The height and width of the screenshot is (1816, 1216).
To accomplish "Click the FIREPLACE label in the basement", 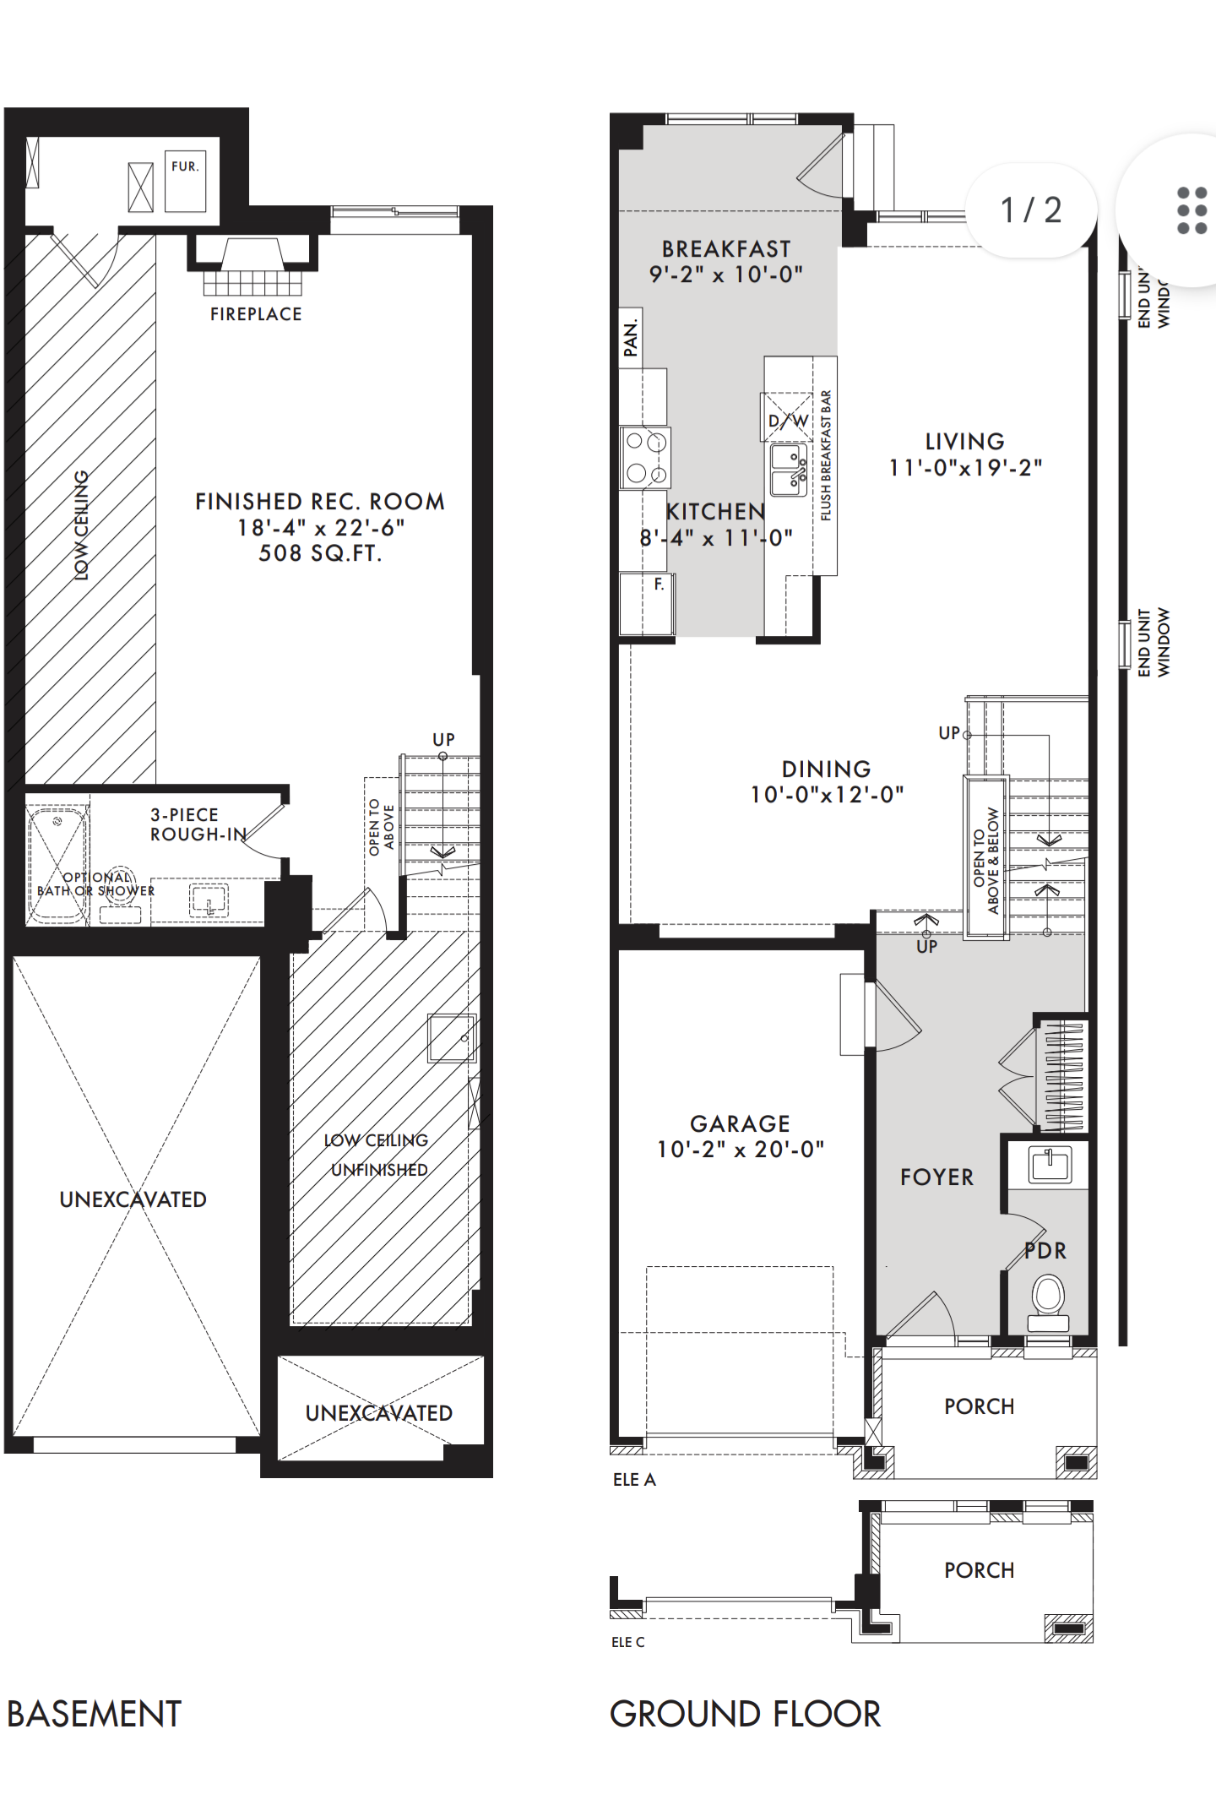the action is pyautogui.click(x=256, y=314).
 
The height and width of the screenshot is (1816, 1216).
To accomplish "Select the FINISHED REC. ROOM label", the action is pyautogui.click(x=320, y=502).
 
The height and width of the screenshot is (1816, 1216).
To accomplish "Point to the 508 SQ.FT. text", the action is pyautogui.click(x=320, y=553).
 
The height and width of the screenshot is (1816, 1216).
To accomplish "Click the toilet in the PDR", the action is pyautogui.click(x=1048, y=1303).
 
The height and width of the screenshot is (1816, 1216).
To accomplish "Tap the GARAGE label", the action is pyautogui.click(x=740, y=1123).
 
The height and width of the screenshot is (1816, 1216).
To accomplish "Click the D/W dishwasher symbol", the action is pyautogui.click(x=788, y=418).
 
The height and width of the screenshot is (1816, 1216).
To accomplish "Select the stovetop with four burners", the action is pyautogui.click(x=645, y=458).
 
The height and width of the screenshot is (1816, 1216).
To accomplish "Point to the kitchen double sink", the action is pyautogui.click(x=790, y=470).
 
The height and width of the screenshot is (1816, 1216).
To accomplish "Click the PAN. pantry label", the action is pyautogui.click(x=630, y=337).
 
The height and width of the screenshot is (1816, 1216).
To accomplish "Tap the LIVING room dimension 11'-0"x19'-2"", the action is pyautogui.click(x=965, y=468).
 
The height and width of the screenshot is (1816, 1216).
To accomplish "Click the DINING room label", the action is pyautogui.click(x=826, y=769).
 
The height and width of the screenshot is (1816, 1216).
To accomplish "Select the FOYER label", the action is pyautogui.click(x=936, y=1177).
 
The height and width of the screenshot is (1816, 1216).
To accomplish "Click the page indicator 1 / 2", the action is pyautogui.click(x=1030, y=209).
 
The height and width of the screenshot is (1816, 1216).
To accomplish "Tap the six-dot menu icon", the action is pyautogui.click(x=1192, y=210).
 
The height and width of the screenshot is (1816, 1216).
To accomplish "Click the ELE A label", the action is pyautogui.click(x=634, y=1479).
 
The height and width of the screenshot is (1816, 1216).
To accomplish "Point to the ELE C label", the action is pyautogui.click(x=627, y=1642).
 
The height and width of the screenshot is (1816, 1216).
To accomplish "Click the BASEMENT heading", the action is pyautogui.click(x=94, y=1714).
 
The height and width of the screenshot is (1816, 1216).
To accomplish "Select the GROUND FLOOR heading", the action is pyautogui.click(x=745, y=1714).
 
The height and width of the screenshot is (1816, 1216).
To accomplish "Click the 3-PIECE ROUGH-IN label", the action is pyautogui.click(x=198, y=824).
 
